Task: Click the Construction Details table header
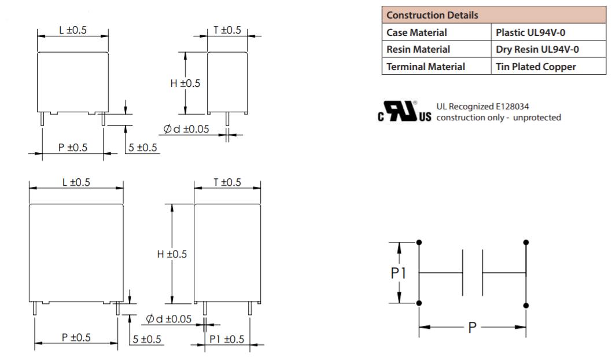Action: point(432,15)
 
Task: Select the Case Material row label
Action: point(416,32)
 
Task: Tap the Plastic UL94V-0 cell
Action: point(530,32)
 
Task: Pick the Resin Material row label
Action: point(418,50)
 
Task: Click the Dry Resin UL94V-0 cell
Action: point(537,50)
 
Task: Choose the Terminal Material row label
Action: point(426,67)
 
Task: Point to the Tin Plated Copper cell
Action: point(536,67)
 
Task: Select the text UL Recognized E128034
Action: point(482,106)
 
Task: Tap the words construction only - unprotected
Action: point(498,117)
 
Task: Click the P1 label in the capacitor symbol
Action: point(399,273)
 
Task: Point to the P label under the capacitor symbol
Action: point(472,328)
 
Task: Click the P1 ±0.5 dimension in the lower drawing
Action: point(227,339)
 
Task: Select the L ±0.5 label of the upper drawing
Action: point(73,30)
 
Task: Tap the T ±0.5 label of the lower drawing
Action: point(227,182)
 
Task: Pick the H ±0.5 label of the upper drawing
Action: point(185,83)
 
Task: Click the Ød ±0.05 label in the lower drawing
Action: point(168,319)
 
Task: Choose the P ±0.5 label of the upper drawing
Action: point(73,148)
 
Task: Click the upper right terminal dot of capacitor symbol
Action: point(526,242)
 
